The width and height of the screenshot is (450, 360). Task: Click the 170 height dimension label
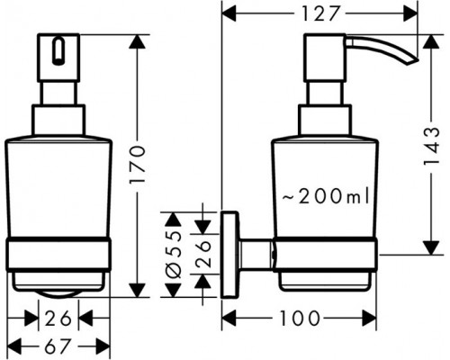[x=137, y=166]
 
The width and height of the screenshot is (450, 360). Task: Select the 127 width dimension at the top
[x=327, y=14]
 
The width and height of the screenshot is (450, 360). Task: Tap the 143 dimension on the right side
[x=434, y=144]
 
